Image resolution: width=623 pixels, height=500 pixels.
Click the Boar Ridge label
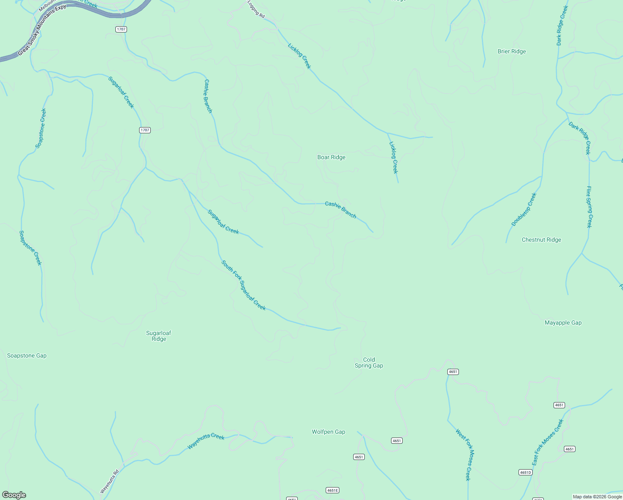click(331, 157)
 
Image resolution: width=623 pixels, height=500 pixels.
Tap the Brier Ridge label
click(511, 52)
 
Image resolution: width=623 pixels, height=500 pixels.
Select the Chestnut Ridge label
click(541, 240)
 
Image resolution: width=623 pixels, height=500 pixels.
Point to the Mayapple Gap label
click(563, 322)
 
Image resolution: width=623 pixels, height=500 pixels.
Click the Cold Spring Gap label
click(369, 362)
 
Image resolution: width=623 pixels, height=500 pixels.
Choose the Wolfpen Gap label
click(328, 432)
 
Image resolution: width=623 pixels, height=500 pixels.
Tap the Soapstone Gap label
click(27, 355)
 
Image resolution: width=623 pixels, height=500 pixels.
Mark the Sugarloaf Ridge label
click(159, 336)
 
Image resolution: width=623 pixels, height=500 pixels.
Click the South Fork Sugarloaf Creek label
click(243, 285)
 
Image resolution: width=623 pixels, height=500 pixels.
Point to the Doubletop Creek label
click(523, 210)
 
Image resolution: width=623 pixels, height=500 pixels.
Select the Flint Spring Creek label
click(589, 207)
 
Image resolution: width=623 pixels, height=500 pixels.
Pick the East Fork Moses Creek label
click(547, 442)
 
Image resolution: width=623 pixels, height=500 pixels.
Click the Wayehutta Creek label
click(206, 441)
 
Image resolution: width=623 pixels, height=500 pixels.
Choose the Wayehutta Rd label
click(110, 481)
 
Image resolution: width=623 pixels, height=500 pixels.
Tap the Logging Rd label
click(256, 9)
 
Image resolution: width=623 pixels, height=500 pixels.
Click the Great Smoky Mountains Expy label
click(42, 30)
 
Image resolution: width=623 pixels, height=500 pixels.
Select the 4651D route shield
click(525, 472)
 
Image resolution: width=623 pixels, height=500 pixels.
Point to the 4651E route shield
click(332, 490)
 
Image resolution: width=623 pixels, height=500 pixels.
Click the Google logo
click(14, 495)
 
